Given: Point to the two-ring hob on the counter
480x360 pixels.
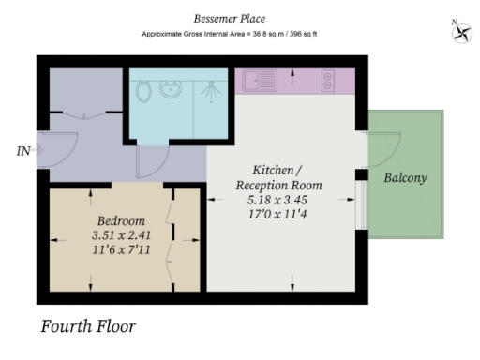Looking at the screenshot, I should (329, 82).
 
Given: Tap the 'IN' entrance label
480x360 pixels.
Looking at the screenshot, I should (22, 150).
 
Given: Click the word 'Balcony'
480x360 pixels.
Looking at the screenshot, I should (405, 177).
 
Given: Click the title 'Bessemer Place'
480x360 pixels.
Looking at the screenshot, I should (230, 18).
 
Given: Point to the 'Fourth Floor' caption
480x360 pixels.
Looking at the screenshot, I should (89, 327).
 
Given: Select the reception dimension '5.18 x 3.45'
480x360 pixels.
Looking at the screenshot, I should (277, 201).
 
